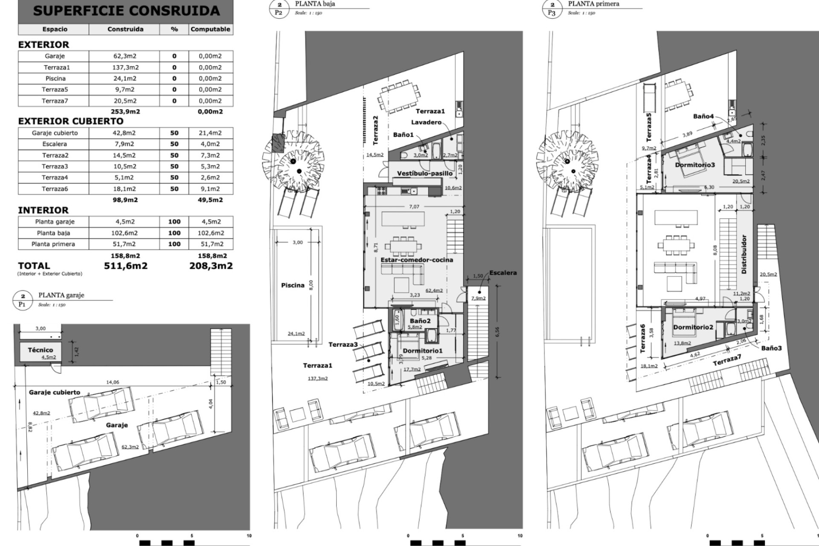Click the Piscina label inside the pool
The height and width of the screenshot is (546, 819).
pos(293,285)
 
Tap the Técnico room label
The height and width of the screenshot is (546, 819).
pos(41,350)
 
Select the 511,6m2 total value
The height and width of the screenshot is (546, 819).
pos(126,266)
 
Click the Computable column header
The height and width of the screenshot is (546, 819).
pos(210,29)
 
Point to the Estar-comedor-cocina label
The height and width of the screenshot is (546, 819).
pos(417,260)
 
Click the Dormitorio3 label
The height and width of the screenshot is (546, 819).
pos(695,165)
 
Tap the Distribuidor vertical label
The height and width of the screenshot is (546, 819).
pos(744,254)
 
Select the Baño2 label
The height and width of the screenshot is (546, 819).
pos(420,321)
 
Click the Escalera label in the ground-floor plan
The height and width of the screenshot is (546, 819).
pos(503,273)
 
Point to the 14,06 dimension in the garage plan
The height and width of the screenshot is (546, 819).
pos(112,382)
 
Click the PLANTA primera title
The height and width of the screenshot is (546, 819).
pos(593,4)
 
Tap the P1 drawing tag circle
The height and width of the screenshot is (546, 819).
pos(23,300)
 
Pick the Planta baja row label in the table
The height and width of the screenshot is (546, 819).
pos(53,233)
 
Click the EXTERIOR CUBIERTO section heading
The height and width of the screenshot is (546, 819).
pos(70,121)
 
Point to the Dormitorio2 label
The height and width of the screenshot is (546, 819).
pos(693,327)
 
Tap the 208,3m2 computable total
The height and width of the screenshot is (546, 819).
pos(211,266)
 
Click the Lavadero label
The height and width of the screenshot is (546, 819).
pos(426,122)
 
